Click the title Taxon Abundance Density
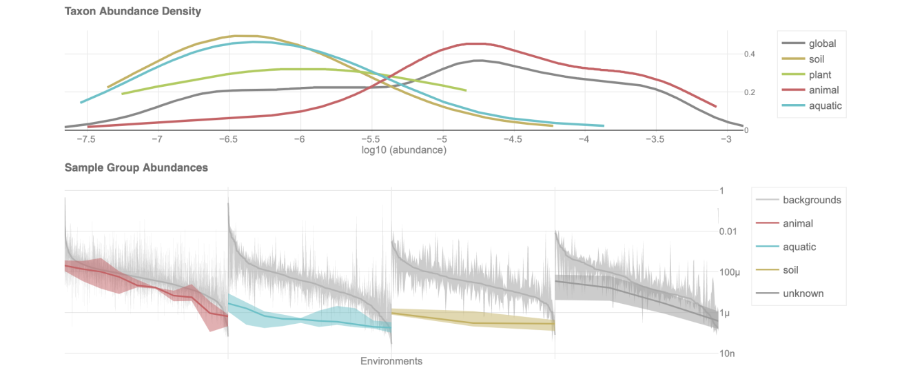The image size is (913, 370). tap(133, 12)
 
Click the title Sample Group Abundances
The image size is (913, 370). tap(136, 167)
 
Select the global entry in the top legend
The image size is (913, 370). tap(822, 44)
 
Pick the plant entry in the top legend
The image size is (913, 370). tap(820, 75)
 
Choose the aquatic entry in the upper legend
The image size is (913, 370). tap(825, 106)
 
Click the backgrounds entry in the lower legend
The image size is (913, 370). tap(812, 201)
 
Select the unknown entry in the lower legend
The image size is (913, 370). tap(803, 294)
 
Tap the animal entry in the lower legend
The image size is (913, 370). tap(798, 224)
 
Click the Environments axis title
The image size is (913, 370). tap(391, 361)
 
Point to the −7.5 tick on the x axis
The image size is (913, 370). tap(85, 139)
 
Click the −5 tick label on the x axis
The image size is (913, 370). tap(442, 139)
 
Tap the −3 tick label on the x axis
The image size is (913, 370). tap(726, 139)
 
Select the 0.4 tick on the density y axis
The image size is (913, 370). tap(750, 54)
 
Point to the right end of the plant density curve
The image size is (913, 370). tap(466, 90)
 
